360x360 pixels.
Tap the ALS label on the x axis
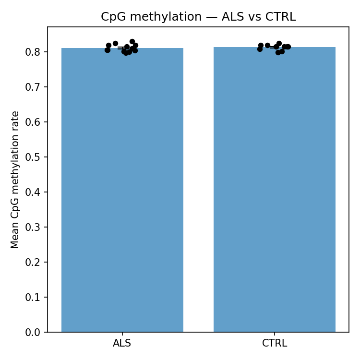coord(122,344)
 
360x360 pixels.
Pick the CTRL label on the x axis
coord(275,344)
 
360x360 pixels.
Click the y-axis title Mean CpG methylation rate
coord(15,180)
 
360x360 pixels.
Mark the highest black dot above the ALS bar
coord(132,42)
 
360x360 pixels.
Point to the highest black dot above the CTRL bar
coord(279,44)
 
